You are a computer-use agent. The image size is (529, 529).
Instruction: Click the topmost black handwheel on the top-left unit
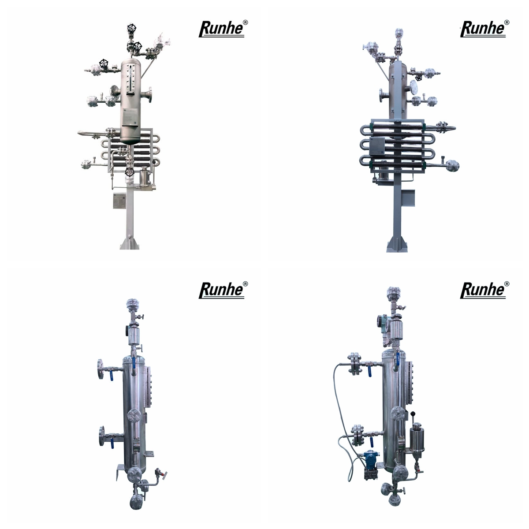tap(131, 28)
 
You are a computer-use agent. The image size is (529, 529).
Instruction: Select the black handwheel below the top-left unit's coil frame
tap(129, 172)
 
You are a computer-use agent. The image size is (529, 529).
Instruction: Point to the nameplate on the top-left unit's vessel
tap(130, 116)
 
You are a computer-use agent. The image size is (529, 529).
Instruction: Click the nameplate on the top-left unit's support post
tap(120, 201)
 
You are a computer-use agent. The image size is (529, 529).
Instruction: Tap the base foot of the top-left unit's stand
tap(130, 243)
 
